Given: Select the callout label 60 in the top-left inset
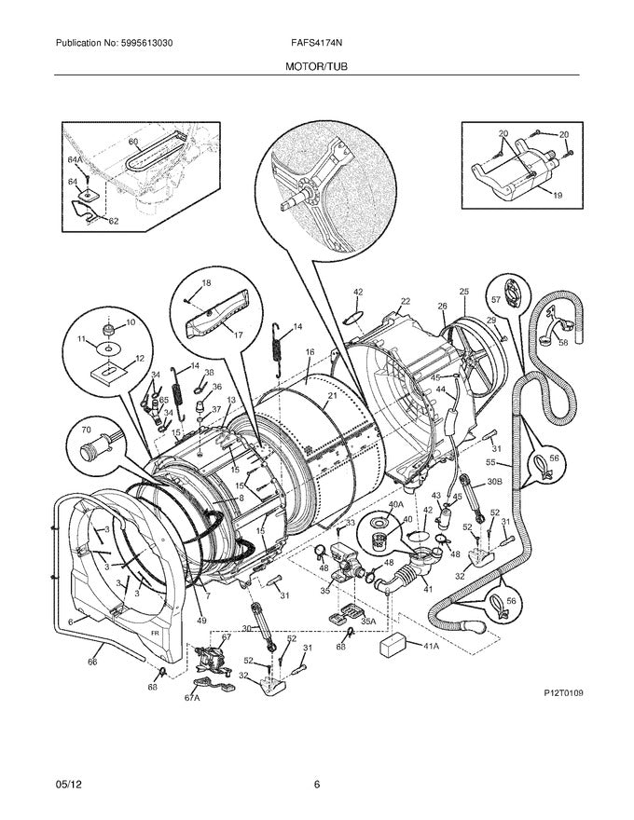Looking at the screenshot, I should point(132,142).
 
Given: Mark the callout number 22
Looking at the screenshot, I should point(405,301).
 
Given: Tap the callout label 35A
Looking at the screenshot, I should point(368,622).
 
